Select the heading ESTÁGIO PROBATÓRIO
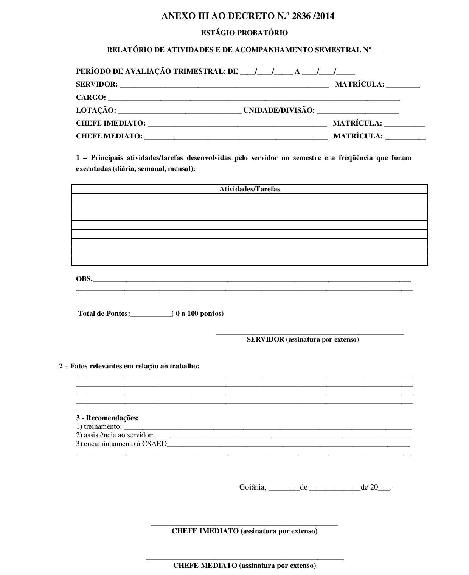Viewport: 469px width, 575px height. coord(244,33)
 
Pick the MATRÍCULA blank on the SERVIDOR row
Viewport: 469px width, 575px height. coord(403,86)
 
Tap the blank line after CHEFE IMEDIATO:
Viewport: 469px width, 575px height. coord(237,125)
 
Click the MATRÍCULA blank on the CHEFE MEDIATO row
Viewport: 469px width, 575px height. coord(405,138)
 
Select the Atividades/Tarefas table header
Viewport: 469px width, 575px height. coord(250,189)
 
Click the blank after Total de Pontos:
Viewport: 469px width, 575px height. coord(151,315)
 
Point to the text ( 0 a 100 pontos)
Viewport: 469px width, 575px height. coord(198,314)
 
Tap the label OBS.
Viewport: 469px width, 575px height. coord(84,279)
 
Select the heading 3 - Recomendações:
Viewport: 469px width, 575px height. coord(107,418)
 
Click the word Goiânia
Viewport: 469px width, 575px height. coord(252,487)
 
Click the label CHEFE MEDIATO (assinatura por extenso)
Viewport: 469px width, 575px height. coord(244,566)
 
